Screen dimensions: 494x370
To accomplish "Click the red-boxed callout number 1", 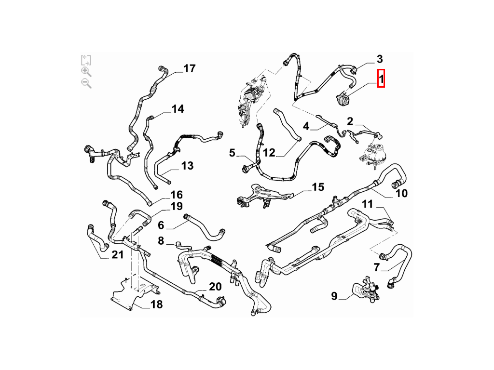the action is (381, 79).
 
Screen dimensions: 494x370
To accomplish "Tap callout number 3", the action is (380, 59).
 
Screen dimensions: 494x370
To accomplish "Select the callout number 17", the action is (189, 68).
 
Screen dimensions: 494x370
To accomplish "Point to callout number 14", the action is (178, 109).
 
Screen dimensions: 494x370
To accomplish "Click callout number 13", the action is (188, 166).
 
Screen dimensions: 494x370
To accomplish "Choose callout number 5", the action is (232, 153).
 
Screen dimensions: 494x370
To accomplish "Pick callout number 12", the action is (269, 153).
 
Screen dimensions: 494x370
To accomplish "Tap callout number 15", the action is (318, 187).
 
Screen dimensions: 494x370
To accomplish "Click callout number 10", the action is (401, 193).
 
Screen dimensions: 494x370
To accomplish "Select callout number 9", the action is (334, 296).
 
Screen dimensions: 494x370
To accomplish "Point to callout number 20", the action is (215, 287).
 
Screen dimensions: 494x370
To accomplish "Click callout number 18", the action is (157, 304).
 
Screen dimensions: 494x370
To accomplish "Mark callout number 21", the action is (118, 254).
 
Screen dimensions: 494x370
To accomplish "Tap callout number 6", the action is (161, 225).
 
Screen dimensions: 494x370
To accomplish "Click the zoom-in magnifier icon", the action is (86, 72).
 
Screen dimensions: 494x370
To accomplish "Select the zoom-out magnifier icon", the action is (86, 83).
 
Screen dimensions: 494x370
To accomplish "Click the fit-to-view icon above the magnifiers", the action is (86, 60).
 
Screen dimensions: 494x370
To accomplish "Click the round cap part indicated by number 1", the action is (343, 99).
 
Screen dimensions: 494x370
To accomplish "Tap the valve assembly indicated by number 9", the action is (366, 289).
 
